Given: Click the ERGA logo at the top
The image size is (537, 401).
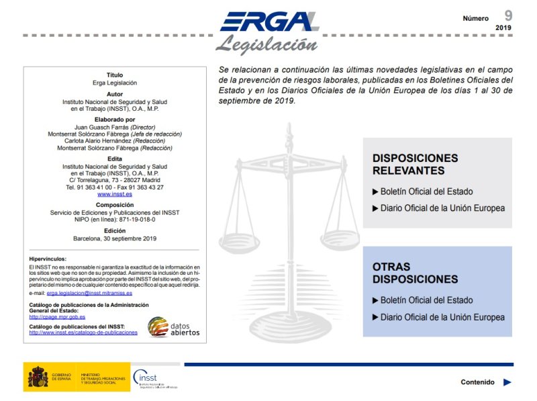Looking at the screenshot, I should point(268,21).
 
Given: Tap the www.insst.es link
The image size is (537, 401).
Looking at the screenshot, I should point(115,194).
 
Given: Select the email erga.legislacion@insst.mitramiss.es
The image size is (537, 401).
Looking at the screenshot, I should point(89,293).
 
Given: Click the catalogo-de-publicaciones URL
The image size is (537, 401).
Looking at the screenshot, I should point(83,332).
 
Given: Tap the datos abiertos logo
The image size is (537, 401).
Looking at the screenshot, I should point(173,326).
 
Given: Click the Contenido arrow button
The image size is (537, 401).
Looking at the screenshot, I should point(507,382).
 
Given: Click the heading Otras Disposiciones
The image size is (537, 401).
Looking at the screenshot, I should point(405,273).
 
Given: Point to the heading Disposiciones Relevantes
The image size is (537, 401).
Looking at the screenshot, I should point(415,164).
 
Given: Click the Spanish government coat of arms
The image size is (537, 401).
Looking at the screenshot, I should point(38,377).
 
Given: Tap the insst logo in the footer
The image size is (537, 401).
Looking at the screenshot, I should point(155,379).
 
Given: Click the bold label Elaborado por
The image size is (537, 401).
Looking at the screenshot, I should point(115,120).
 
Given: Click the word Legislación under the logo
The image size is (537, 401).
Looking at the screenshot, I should point(266,46).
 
